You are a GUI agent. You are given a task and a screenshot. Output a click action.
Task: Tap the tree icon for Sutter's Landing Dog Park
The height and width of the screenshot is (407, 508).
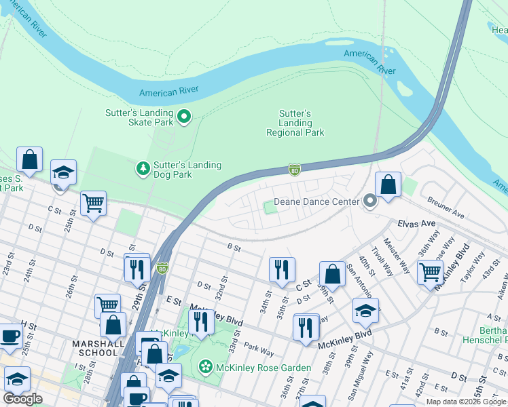[143, 168]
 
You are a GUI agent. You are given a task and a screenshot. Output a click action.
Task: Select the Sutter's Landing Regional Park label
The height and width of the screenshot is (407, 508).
[295, 123]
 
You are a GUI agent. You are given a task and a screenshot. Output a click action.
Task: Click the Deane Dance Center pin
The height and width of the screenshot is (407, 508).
[369, 201]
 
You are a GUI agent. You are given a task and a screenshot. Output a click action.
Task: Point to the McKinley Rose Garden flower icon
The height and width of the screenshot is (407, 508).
[205, 367]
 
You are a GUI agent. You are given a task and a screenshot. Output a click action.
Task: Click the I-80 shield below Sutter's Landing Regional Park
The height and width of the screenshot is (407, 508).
[294, 169]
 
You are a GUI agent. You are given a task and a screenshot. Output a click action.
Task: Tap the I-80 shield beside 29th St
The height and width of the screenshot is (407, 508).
[162, 268]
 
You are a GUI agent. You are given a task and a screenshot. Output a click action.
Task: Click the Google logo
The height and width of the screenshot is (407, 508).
[22, 398]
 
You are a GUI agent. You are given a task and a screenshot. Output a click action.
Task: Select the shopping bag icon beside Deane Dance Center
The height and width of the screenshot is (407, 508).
[388, 185]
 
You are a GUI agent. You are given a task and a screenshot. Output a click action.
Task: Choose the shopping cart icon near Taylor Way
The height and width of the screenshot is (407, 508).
[430, 272]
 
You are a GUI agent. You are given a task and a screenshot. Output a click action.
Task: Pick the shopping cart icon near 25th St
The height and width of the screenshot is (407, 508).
[93, 202]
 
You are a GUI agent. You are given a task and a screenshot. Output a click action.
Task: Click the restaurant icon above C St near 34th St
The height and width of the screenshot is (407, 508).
[281, 269]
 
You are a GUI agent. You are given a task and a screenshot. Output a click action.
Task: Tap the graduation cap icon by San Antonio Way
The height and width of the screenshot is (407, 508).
[365, 311]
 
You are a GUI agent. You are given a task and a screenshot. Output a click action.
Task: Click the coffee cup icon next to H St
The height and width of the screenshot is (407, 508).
[10, 335]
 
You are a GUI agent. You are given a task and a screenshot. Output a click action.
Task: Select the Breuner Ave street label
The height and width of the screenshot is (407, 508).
[446, 207]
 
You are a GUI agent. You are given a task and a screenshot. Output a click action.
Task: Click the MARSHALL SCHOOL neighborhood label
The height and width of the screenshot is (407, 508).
[96, 348]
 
